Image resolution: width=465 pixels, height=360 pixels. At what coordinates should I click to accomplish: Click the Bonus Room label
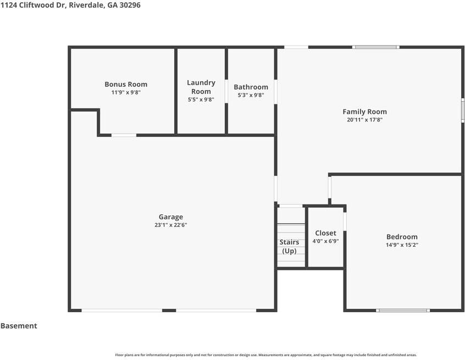[126, 84]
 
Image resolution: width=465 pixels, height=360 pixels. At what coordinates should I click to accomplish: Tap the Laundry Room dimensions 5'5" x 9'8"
[201, 99]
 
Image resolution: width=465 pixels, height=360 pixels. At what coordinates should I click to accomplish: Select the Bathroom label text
[251, 87]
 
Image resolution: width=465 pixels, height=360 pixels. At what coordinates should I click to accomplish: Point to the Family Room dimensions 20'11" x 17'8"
[365, 120]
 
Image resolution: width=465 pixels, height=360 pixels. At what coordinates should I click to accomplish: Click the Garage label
[171, 217]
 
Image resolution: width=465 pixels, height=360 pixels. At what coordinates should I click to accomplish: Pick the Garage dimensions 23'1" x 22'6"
[171, 225]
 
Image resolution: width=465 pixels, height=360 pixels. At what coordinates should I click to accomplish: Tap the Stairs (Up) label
[289, 246]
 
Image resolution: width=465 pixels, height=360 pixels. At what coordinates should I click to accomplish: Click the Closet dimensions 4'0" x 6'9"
[325, 241]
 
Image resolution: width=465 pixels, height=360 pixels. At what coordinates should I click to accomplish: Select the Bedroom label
[402, 237]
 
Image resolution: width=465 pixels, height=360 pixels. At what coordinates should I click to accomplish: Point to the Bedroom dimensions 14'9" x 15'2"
[402, 245]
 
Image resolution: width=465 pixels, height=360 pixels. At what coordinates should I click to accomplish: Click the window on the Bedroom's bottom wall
[403, 311]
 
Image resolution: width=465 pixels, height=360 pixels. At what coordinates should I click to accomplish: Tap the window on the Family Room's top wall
[376, 47]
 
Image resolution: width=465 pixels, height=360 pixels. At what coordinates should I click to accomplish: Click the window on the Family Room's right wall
[463, 110]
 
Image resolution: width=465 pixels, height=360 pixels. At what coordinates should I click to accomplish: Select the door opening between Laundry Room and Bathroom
[226, 91]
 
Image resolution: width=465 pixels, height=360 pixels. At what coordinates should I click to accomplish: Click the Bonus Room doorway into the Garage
[124, 135]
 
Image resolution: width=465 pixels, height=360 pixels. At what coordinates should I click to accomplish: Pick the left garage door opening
[122, 311]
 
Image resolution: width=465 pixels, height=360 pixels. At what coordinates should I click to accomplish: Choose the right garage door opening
[216, 311]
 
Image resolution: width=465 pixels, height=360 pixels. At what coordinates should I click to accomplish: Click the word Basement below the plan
[19, 326]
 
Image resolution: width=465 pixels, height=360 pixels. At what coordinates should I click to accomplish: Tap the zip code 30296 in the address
[130, 5]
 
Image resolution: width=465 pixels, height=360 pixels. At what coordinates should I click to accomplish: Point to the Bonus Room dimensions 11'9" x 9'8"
[126, 92]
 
